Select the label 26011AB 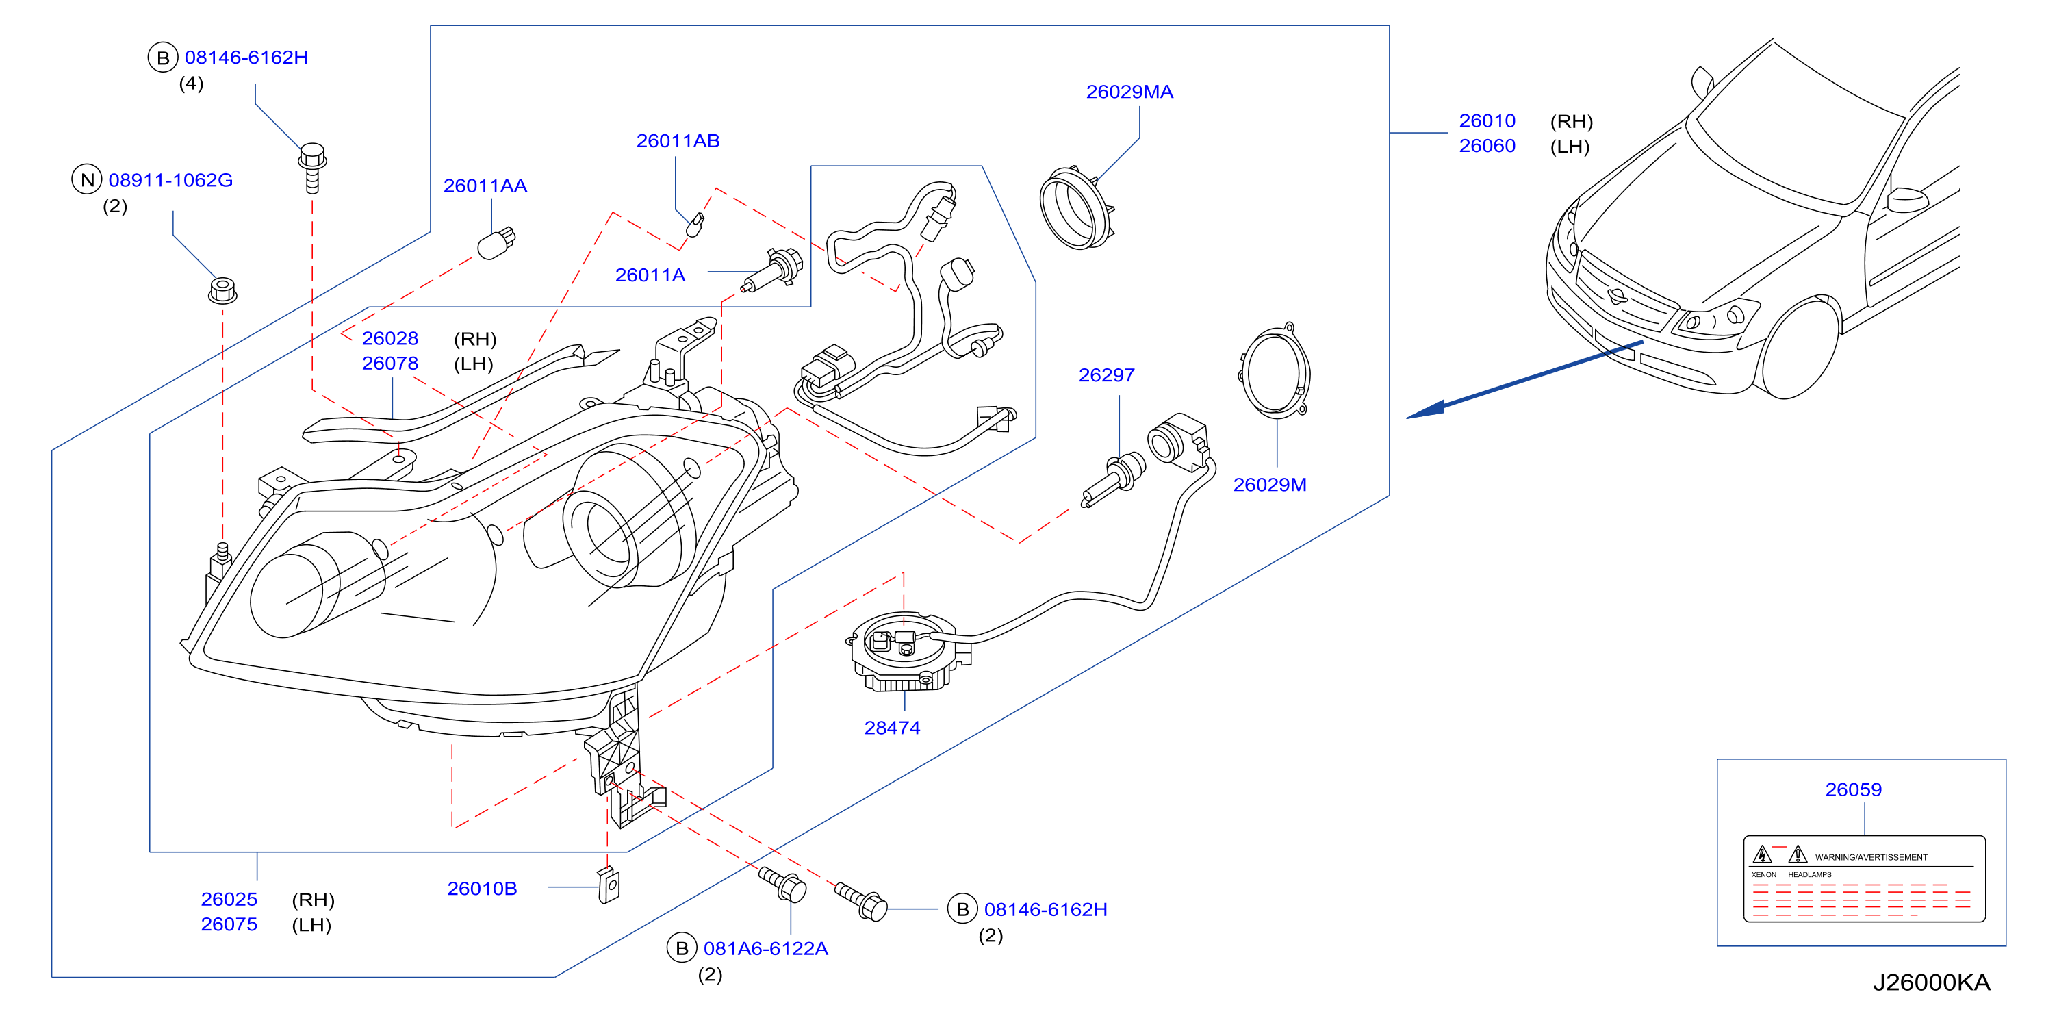coord(678,140)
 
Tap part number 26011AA coord(485,186)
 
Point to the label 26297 coord(1106,374)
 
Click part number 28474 coord(892,728)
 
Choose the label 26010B coord(481,888)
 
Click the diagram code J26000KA coord(1931,982)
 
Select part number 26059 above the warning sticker coord(1853,789)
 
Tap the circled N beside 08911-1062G coord(88,179)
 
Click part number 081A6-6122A coord(765,948)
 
